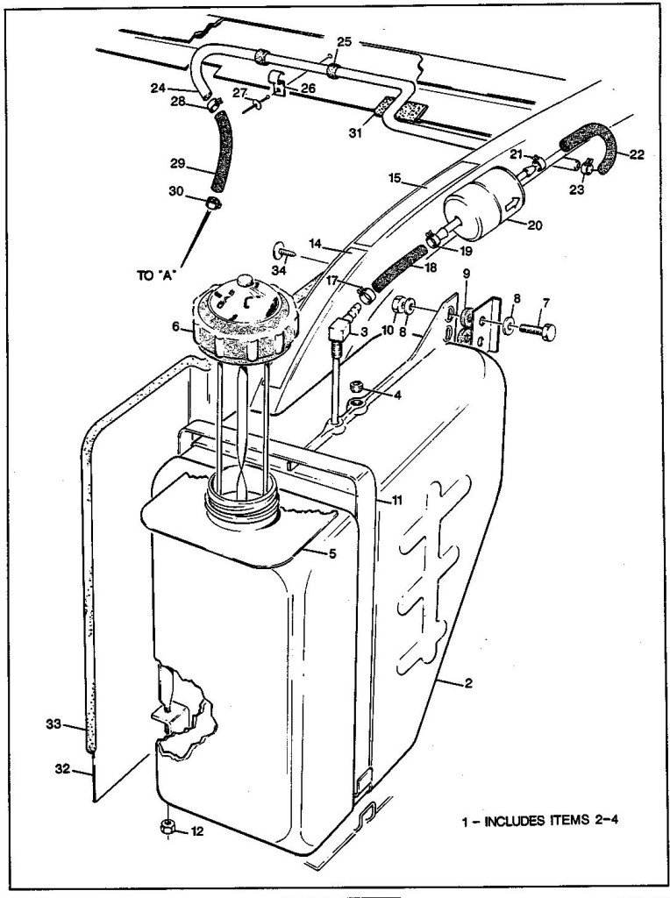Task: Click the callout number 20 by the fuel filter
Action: tap(534, 224)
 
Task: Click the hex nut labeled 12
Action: tap(167, 827)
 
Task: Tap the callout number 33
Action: tap(53, 723)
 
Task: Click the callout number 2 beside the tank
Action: tap(471, 682)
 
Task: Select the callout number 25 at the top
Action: tap(344, 41)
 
